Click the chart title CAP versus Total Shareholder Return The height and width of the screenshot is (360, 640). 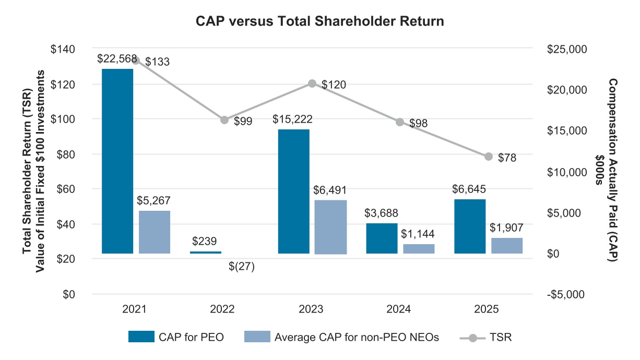point(319,21)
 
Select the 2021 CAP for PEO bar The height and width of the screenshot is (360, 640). point(117,161)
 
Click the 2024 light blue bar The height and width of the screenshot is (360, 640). point(419,248)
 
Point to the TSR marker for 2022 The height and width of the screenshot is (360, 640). point(224,120)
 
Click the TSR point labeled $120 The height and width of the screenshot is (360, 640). point(312,83)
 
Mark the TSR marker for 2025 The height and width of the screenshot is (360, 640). point(489,156)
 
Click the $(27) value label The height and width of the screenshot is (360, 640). point(242,267)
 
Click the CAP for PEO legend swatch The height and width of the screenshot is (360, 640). point(141,337)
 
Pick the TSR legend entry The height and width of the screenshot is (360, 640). point(486,337)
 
